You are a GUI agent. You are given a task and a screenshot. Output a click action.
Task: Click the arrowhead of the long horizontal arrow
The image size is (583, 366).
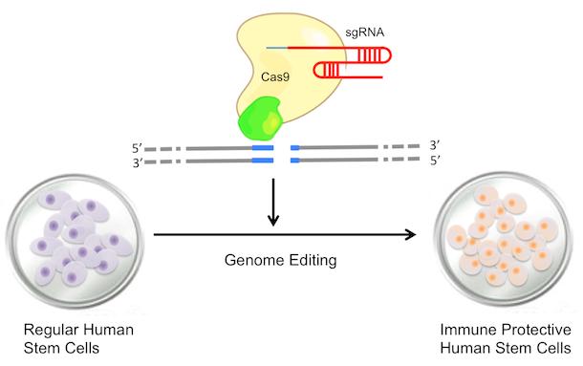pyautogui.click(x=417, y=233)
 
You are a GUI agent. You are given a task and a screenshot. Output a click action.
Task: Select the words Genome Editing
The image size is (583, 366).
pyautogui.click(x=273, y=259)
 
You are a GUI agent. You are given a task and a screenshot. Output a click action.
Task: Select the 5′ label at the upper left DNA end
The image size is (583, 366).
pyautogui.click(x=140, y=149)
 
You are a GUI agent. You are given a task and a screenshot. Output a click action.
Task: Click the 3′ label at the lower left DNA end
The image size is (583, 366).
pyautogui.click(x=140, y=163)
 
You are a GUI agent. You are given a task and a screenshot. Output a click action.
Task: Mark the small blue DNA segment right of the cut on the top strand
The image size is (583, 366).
pyautogui.click(x=294, y=148)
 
